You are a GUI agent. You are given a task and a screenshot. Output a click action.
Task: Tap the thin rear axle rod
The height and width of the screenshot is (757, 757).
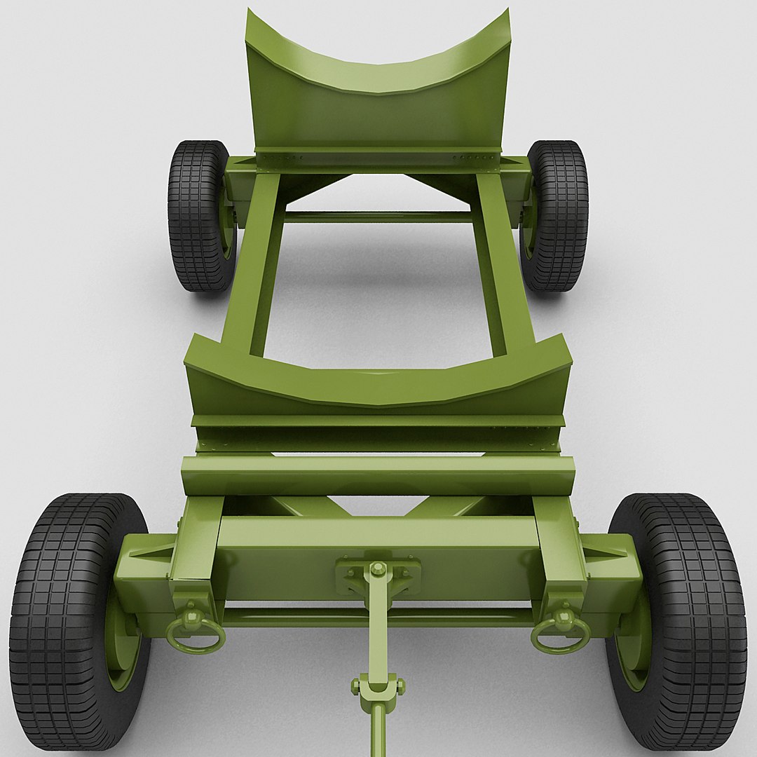378,217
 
